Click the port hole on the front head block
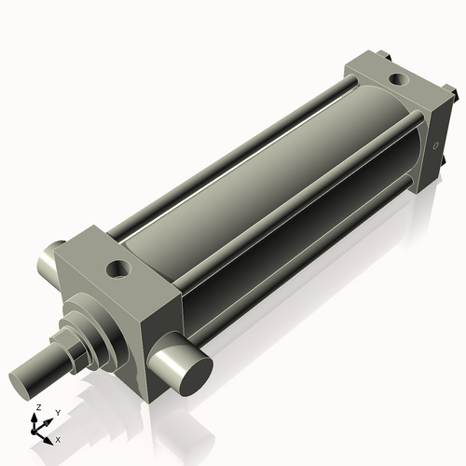(x=119, y=270)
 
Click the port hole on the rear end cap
(x=397, y=80)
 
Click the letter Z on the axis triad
(x=38, y=408)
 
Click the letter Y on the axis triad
(x=57, y=412)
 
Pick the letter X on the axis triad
(x=58, y=438)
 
